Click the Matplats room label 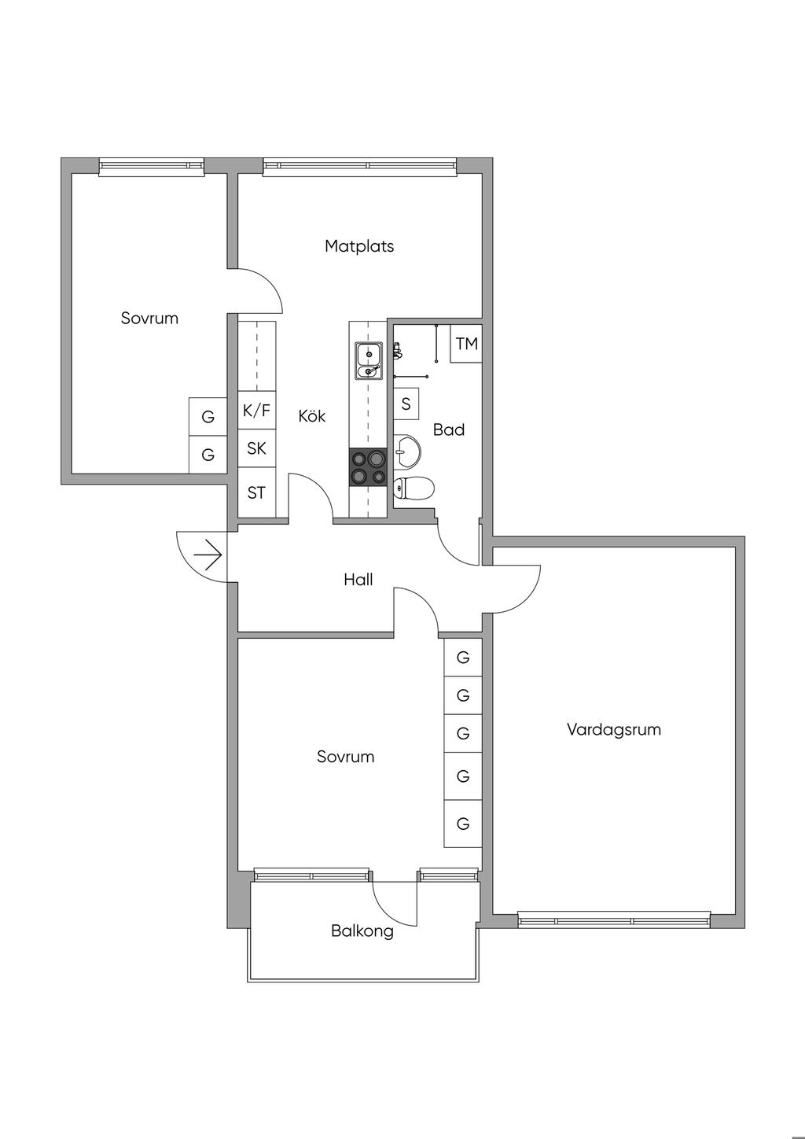359,247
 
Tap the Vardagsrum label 614,730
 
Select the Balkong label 362,931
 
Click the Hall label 358,580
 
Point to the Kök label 311,416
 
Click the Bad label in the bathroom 449,430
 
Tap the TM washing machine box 466,343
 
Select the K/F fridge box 256,410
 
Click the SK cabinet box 256,448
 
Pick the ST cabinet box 256,492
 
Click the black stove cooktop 368,467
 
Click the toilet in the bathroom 414,488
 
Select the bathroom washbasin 406,450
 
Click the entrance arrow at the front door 208,556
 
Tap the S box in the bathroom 406,404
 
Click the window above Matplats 360,168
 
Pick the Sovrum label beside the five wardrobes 346,757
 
